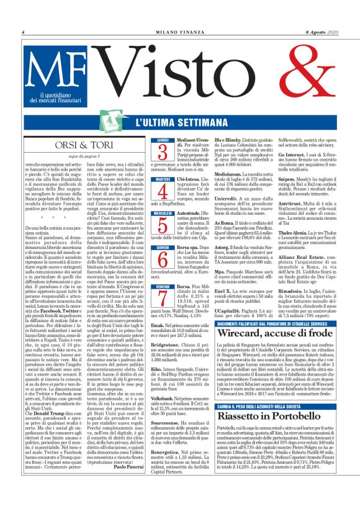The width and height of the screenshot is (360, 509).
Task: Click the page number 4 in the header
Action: (x=23, y=32)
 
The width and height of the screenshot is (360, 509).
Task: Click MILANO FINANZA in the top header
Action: (x=180, y=32)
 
